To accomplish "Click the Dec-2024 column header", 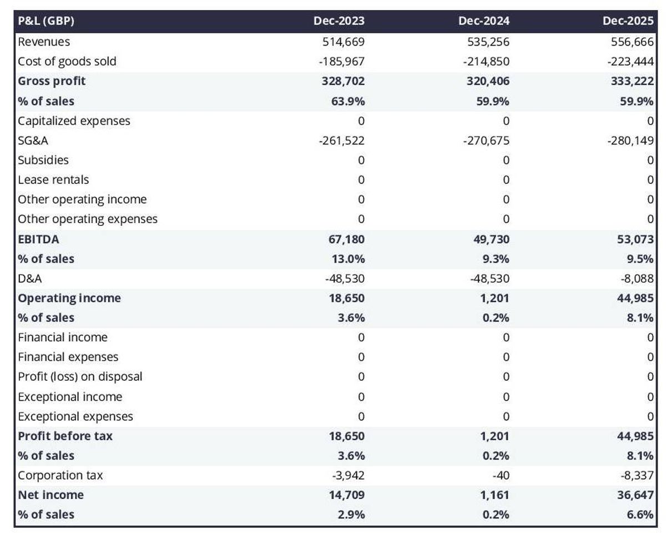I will (x=483, y=22).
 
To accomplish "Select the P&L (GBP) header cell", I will (x=46, y=22).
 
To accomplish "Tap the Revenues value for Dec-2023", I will (x=344, y=42).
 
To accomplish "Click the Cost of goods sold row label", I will (x=67, y=61).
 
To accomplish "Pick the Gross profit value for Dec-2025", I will (x=632, y=81).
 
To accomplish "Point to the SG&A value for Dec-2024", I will (x=486, y=140).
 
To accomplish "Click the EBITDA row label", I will (x=38, y=239).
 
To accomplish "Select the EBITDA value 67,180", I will (x=346, y=239).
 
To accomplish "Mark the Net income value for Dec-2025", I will (x=635, y=495).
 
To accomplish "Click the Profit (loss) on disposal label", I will (x=80, y=376).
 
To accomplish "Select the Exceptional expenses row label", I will (x=75, y=416).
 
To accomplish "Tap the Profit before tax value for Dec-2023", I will (x=346, y=436).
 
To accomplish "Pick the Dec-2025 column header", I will (x=628, y=22).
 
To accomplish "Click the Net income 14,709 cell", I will (x=346, y=495).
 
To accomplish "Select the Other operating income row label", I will (x=82, y=199).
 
